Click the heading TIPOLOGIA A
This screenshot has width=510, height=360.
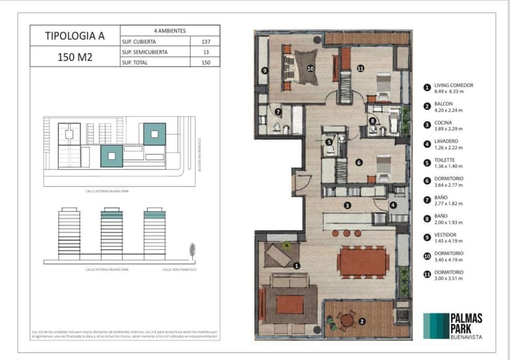pyautogui.click(x=75, y=36)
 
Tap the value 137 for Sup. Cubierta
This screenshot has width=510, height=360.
pyautogui.click(x=205, y=41)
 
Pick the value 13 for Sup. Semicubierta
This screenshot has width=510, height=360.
pyautogui.click(x=205, y=52)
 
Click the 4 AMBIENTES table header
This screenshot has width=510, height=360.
pyautogui.click(x=170, y=30)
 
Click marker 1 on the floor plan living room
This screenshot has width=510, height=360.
pyautogui.click(x=297, y=266)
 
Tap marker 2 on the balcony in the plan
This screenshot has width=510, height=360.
pyautogui.click(x=362, y=321)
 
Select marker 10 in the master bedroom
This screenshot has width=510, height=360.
pyautogui.click(x=310, y=68)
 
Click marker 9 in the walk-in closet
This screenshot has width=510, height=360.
pyautogui.click(x=264, y=72)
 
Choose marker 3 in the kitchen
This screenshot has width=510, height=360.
pyautogui.click(x=347, y=205)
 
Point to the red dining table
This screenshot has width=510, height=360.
pyautogui.click(x=363, y=261)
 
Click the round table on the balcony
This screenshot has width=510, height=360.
pyautogui.click(x=348, y=320)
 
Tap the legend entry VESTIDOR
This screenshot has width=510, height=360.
pyautogui.click(x=446, y=235)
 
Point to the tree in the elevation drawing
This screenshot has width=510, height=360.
pyautogui.click(x=192, y=250)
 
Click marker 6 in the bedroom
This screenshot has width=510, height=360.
pyautogui.click(x=358, y=163)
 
